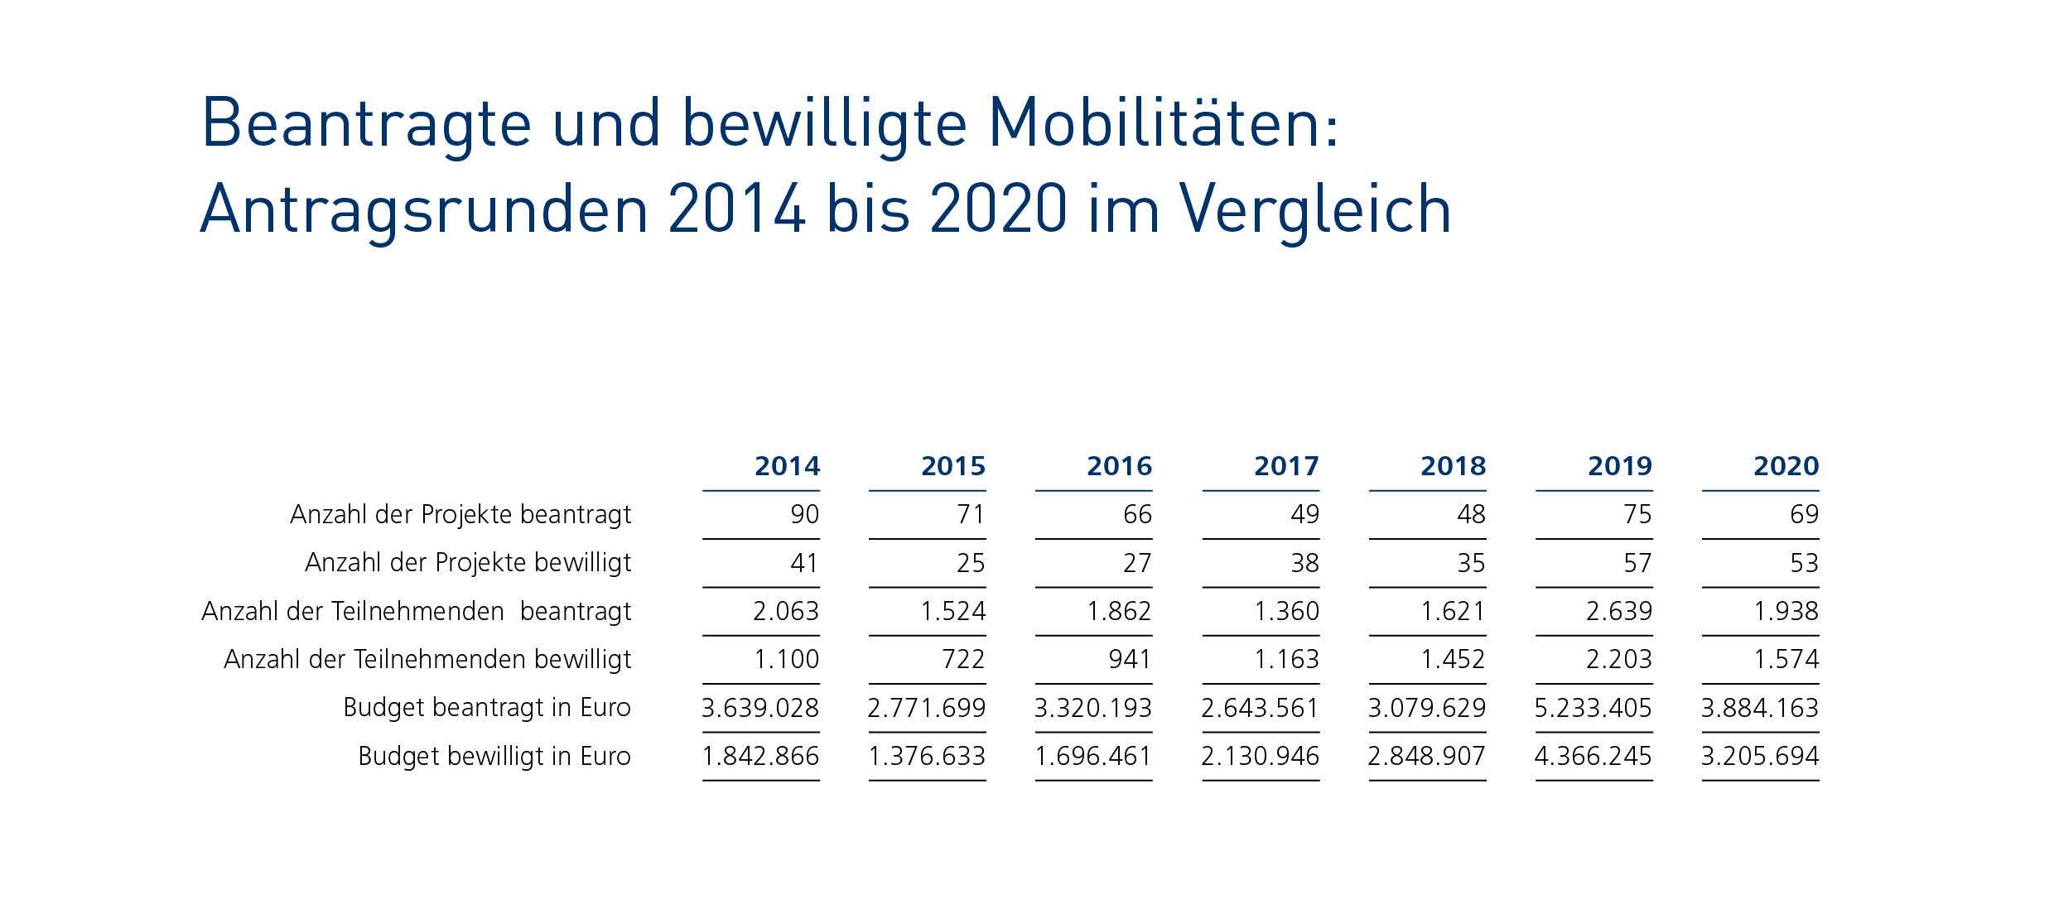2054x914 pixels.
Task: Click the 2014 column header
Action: point(787,466)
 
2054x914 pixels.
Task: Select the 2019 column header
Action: point(1619,466)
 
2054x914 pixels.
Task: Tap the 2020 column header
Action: point(1786,466)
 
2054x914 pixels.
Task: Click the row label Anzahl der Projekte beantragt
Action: point(460,515)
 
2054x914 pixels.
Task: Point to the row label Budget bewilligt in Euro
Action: point(494,756)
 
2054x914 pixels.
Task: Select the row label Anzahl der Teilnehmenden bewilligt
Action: point(427,660)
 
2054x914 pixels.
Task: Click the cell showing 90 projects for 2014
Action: point(804,515)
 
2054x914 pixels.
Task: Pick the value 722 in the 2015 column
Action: point(963,660)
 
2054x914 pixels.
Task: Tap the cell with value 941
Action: point(1130,660)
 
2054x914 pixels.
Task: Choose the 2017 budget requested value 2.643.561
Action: point(1260,708)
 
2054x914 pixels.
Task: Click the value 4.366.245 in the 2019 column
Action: point(1593,756)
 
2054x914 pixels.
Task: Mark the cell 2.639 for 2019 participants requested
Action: point(1618,612)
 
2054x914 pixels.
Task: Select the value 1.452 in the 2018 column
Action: point(1453,660)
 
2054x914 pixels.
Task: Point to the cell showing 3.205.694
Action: point(1760,756)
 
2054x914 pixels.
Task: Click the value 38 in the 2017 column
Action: point(1304,564)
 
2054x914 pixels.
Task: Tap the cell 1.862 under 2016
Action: point(1119,612)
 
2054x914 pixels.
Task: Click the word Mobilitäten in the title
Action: point(1163,124)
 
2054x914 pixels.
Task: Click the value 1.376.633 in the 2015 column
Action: point(927,756)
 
